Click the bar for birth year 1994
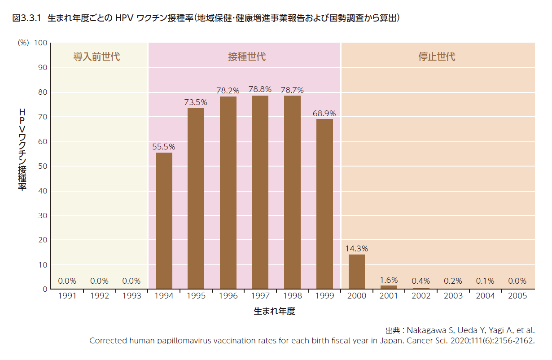pyautogui.click(x=164, y=221)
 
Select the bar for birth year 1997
pyautogui.click(x=260, y=192)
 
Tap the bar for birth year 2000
pyautogui.click(x=357, y=272)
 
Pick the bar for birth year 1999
pyautogui.click(x=324, y=204)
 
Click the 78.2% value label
pyautogui.click(x=228, y=91)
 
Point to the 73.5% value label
pyautogui.click(x=196, y=102)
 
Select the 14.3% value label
pyautogui.click(x=357, y=249)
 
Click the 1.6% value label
pyautogui.click(x=389, y=280)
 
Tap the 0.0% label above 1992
pyautogui.click(x=99, y=281)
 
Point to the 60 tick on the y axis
pyautogui.click(x=43, y=142)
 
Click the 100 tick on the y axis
pyautogui.click(x=41, y=43)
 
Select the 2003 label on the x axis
pyautogui.click(x=453, y=296)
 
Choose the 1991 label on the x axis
pyautogui.click(x=67, y=296)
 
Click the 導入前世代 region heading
pyautogui.click(x=96, y=57)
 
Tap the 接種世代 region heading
pyautogui.click(x=247, y=57)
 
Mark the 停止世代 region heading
pyautogui.click(x=437, y=57)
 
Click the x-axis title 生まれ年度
pyautogui.click(x=275, y=311)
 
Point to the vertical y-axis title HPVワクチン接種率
pyautogui.click(x=22, y=149)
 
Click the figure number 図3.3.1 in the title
pyautogui.click(x=26, y=18)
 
